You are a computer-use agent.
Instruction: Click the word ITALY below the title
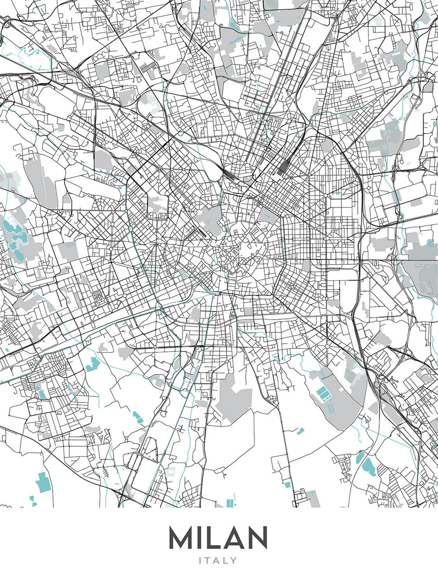pos(219,561)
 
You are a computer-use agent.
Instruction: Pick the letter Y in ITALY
pos(234,561)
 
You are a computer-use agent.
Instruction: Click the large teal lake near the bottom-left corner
pos(43,481)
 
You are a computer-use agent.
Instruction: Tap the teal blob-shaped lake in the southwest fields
pos(92,364)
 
